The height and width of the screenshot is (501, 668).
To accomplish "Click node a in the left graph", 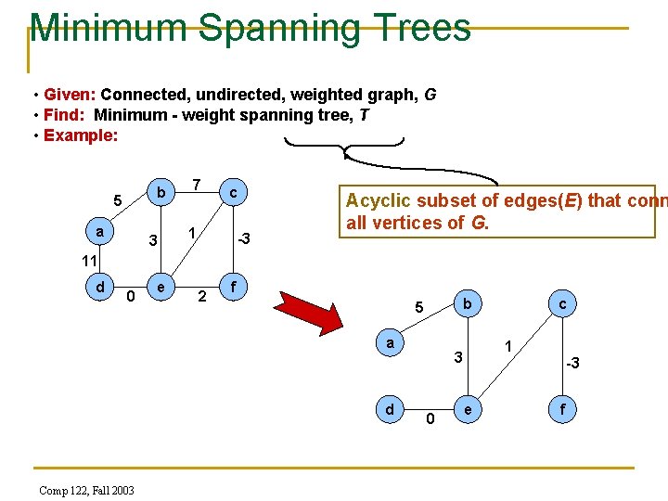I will pyautogui.click(x=99, y=228).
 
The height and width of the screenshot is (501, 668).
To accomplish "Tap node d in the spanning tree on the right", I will pyautogui.click(x=391, y=408).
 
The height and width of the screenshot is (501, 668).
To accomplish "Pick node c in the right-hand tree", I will pyautogui.click(x=562, y=302).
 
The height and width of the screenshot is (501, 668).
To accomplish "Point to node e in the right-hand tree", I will pyautogui.click(x=469, y=408).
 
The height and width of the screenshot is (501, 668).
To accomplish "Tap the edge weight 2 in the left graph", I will pyautogui.click(x=200, y=298).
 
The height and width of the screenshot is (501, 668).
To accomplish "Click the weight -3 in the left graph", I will pyautogui.click(x=243, y=239).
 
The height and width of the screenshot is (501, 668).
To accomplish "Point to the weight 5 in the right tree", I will pyautogui.click(x=418, y=308).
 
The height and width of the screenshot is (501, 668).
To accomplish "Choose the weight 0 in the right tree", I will pyautogui.click(x=430, y=419).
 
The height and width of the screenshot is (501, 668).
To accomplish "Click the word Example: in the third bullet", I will pyautogui.click(x=80, y=135).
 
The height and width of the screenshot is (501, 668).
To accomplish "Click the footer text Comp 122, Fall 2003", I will pyautogui.click(x=86, y=489).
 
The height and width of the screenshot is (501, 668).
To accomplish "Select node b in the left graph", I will pyautogui.click(x=161, y=192).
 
